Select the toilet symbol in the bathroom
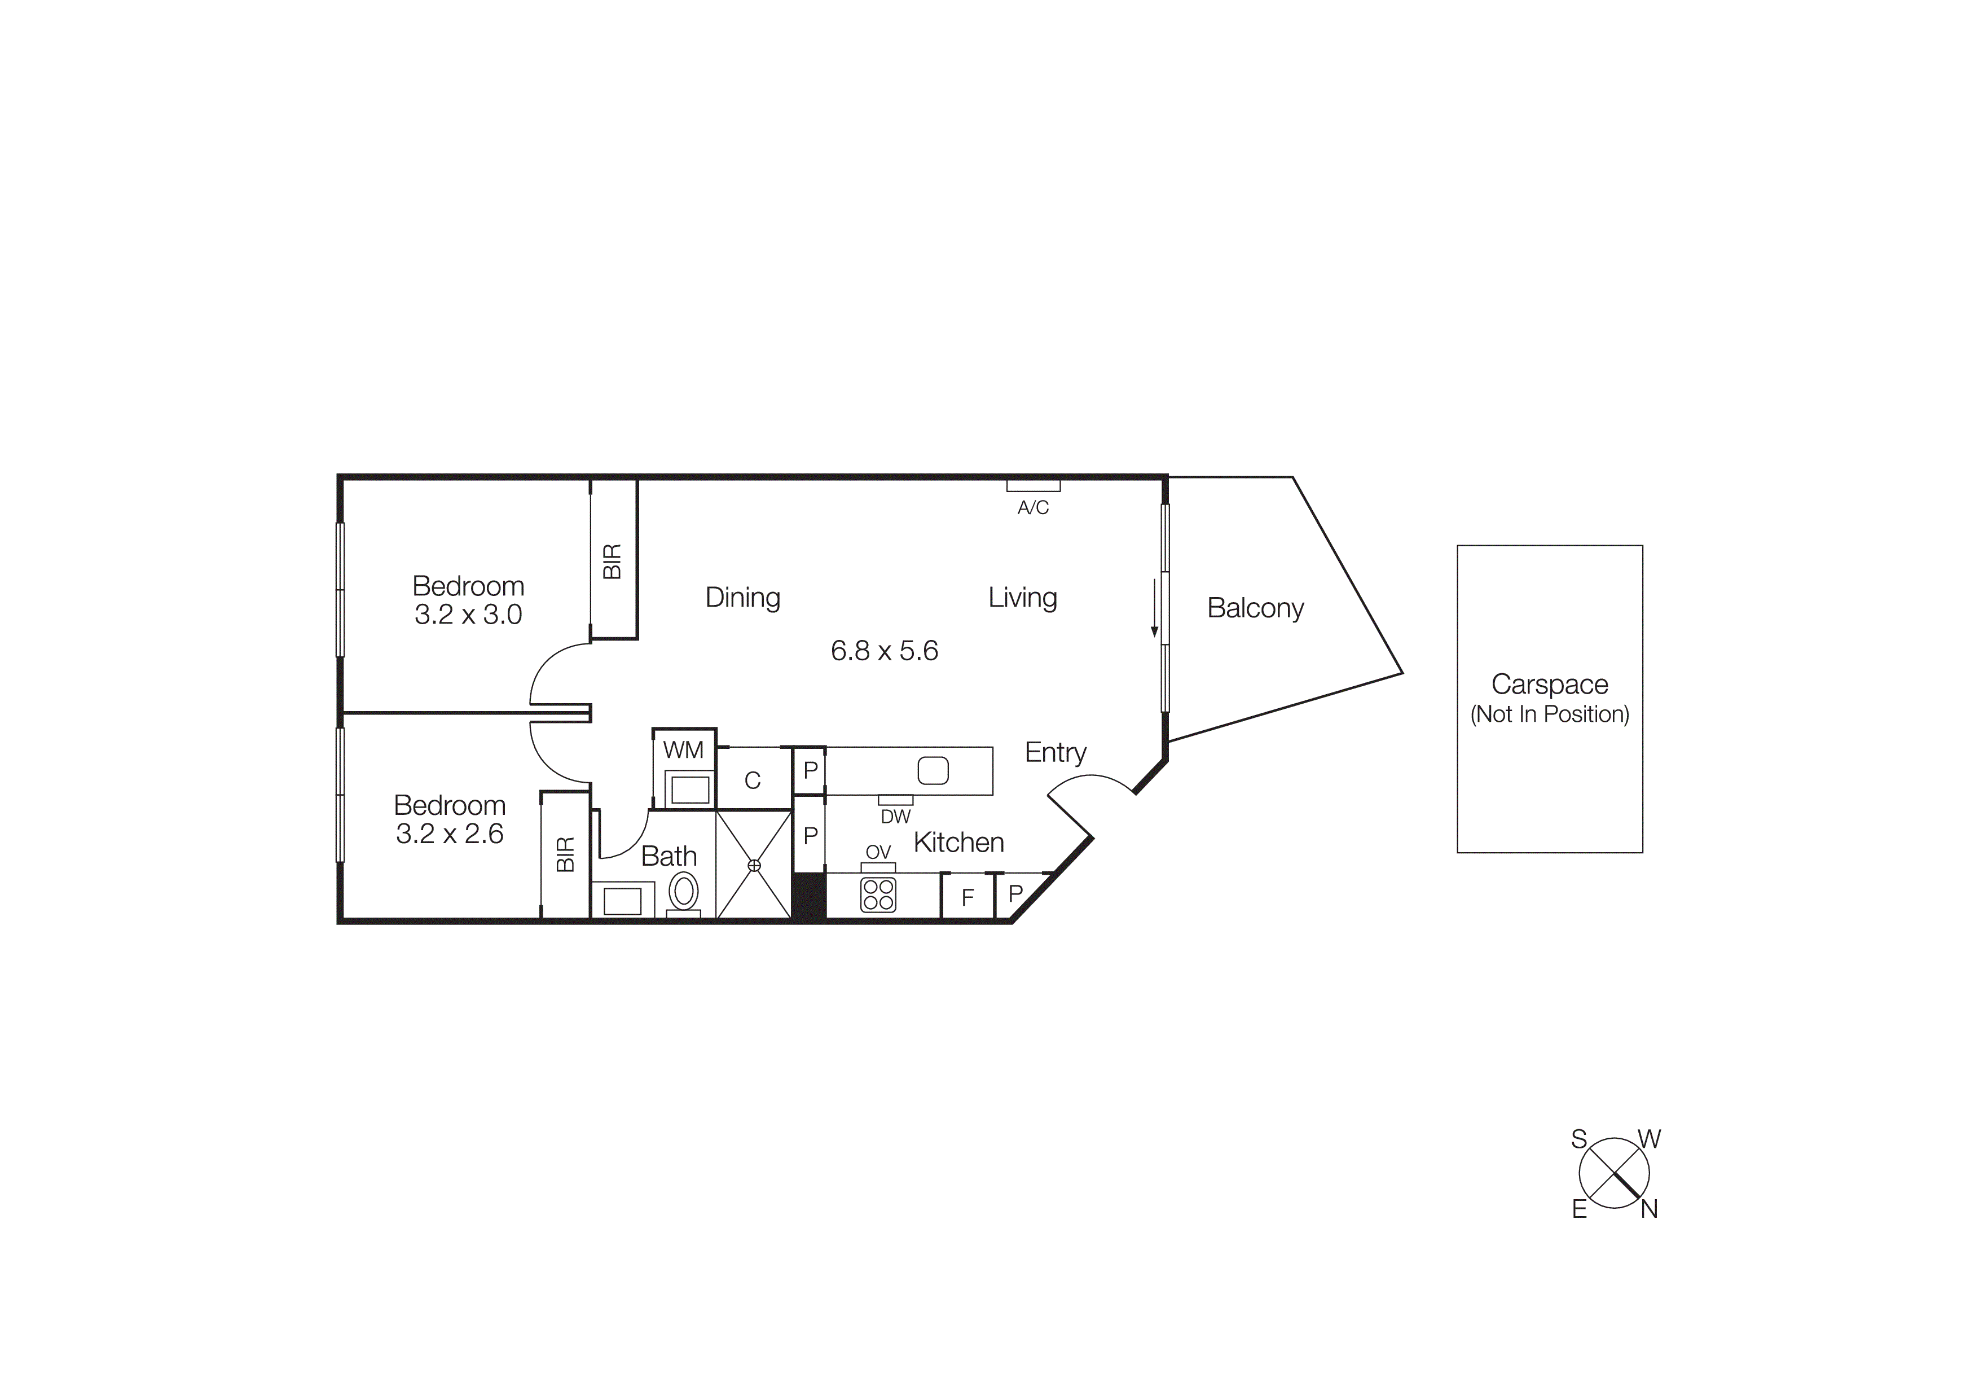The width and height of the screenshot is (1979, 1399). pyautogui.click(x=684, y=892)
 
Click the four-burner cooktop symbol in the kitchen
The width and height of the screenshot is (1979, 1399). pyautogui.click(x=878, y=894)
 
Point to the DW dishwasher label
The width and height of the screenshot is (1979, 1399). pyautogui.click(x=895, y=816)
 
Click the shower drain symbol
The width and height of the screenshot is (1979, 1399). pyautogui.click(x=754, y=865)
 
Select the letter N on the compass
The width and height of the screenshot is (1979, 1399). pyautogui.click(x=1649, y=1209)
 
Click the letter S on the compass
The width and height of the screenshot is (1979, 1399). pyautogui.click(x=1579, y=1139)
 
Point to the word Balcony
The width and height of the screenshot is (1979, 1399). pyautogui.click(x=1255, y=608)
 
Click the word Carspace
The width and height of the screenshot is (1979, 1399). pyautogui.click(x=1549, y=685)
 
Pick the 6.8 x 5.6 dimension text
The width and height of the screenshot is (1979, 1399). pyautogui.click(x=885, y=651)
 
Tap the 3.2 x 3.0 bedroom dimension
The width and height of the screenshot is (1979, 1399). pyautogui.click(x=468, y=615)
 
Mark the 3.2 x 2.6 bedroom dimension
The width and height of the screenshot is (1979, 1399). pyautogui.click(x=449, y=834)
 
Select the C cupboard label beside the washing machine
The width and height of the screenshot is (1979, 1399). pyautogui.click(x=753, y=780)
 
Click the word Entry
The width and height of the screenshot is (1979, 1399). pyautogui.click(x=1055, y=752)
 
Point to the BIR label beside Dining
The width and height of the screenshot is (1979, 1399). pyautogui.click(x=612, y=561)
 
